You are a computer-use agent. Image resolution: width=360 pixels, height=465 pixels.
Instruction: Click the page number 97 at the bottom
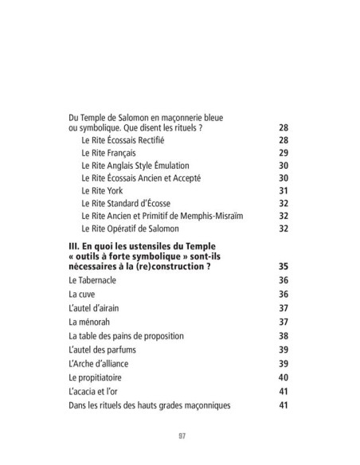coord(180,436)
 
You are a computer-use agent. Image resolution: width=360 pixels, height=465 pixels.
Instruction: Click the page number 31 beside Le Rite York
coord(282,190)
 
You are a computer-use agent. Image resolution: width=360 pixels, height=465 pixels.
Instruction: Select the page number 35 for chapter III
coord(282,267)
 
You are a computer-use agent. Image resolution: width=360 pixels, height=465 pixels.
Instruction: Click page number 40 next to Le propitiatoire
coord(282,377)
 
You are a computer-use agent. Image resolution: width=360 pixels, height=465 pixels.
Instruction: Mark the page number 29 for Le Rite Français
coord(282,152)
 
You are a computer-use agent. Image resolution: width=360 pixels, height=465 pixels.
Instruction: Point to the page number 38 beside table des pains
coord(282,335)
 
